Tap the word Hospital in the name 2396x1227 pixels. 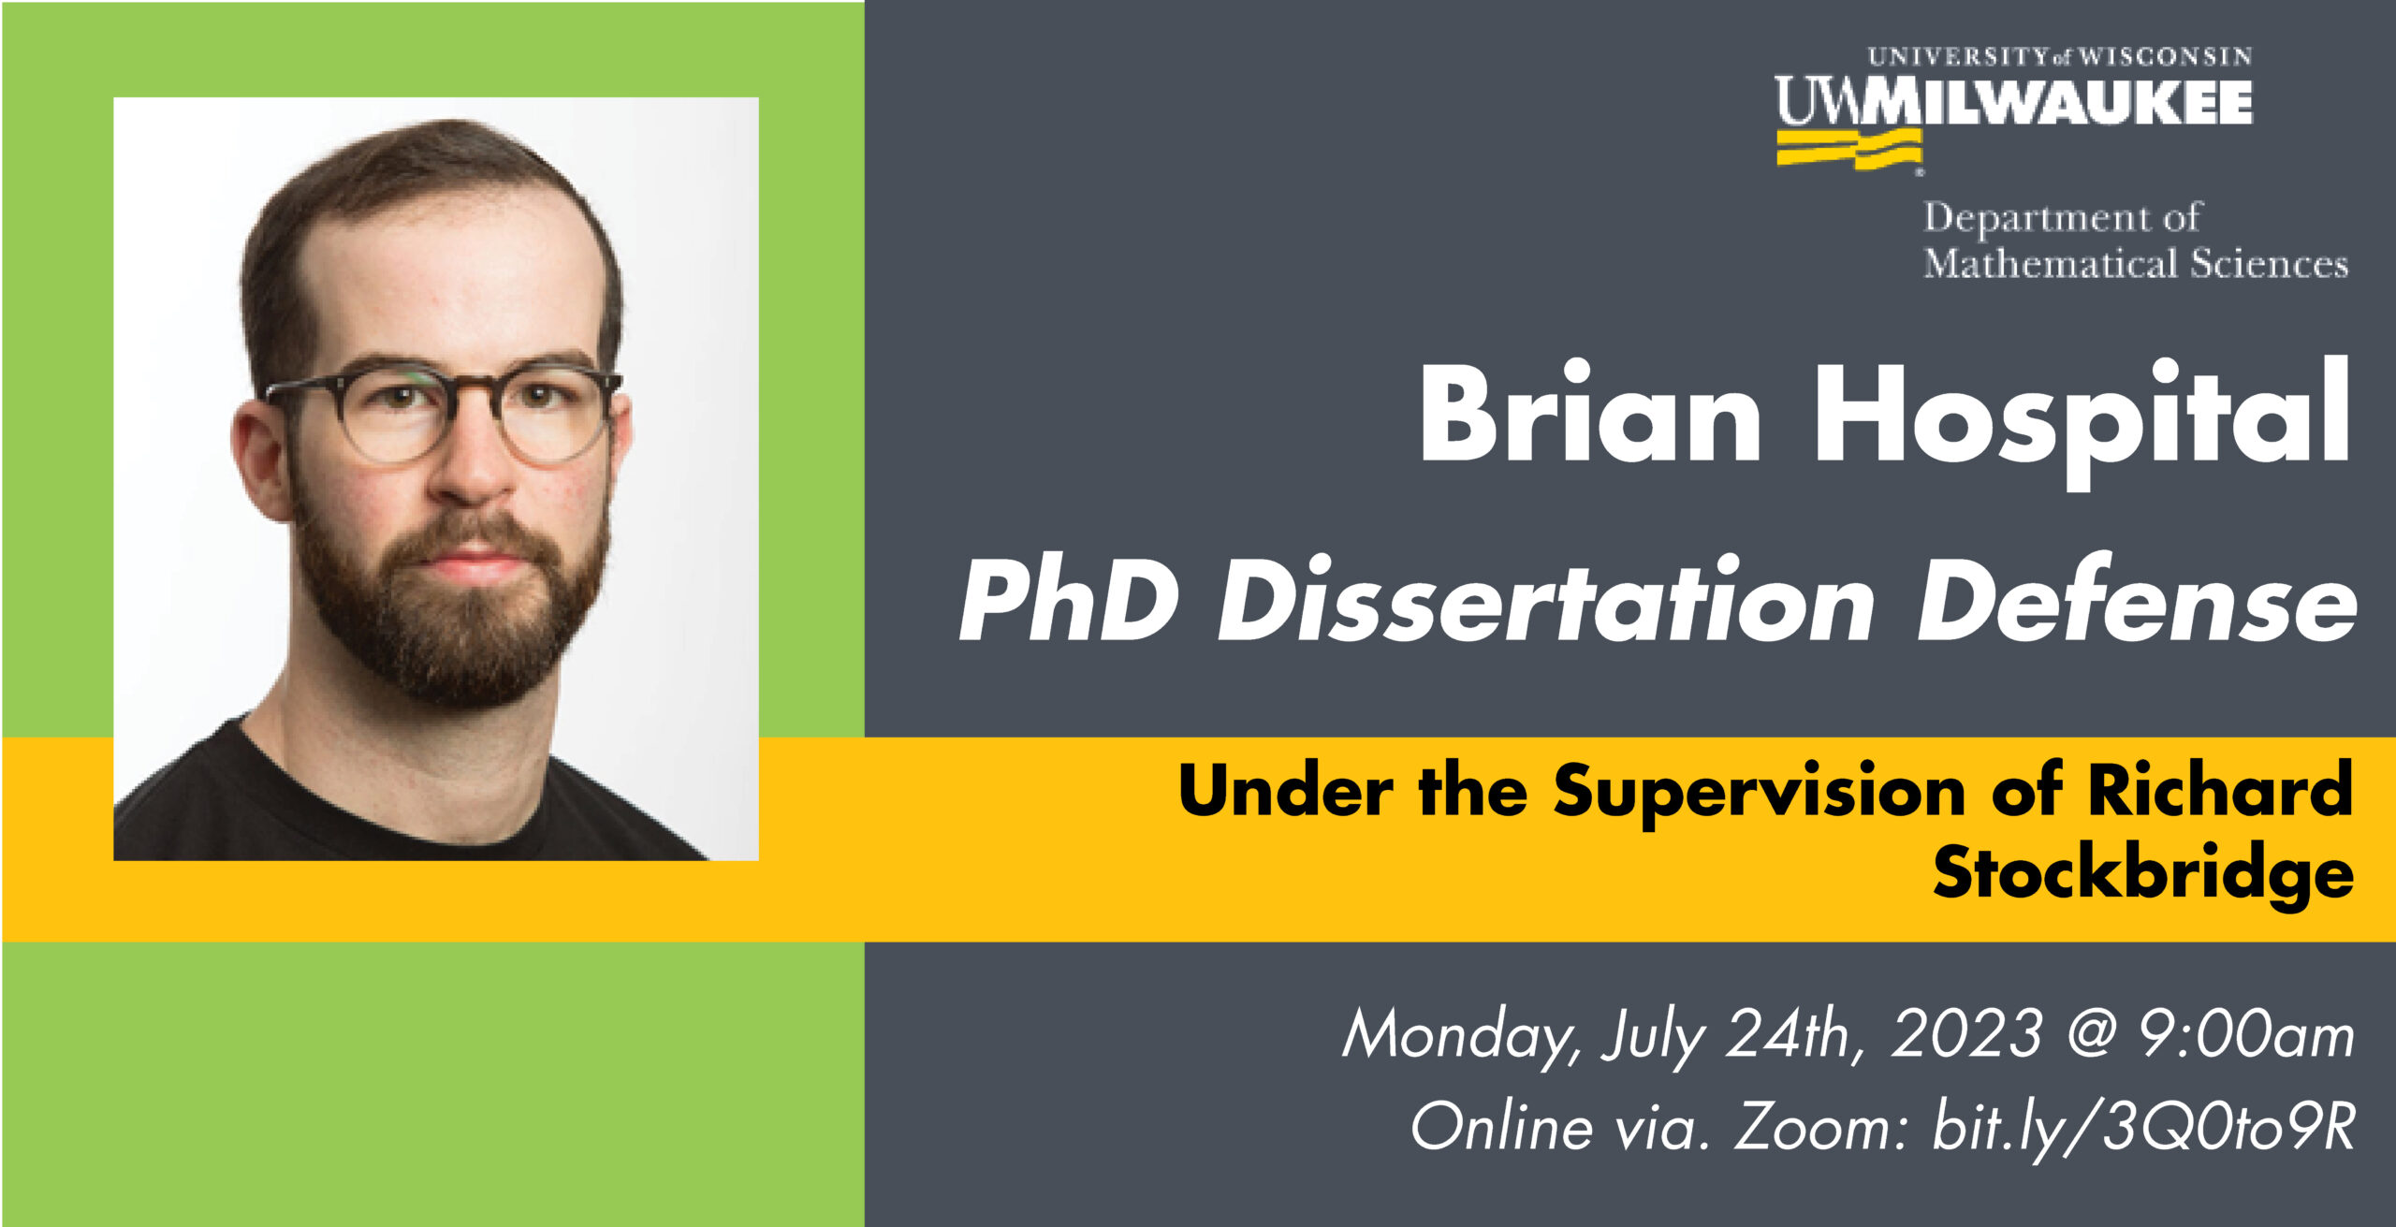coord(2082,423)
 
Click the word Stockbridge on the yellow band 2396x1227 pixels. coord(2143,872)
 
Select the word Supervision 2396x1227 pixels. coord(1760,793)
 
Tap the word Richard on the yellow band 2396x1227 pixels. coord(2220,788)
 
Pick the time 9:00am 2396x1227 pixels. coord(2246,1035)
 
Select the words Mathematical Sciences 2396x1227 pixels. coord(2136,263)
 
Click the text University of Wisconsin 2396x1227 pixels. coord(2060,56)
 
